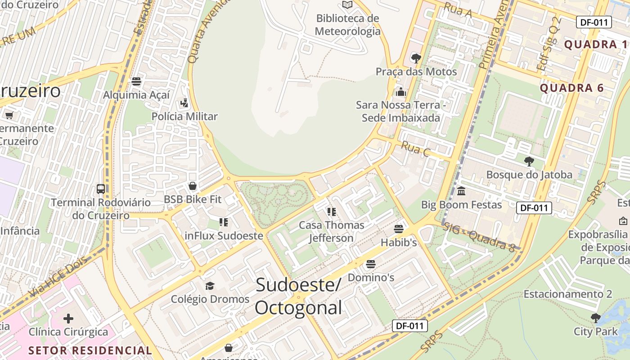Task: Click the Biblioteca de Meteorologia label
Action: pyautogui.click(x=347, y=25)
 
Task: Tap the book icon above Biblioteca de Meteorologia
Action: pyautogui.click(x=347, y=5)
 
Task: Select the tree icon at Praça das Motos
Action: pyautogui.click(x=416, y=58)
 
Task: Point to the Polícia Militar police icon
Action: pyautogui.click(x=184, y=103)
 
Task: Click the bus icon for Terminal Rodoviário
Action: pyautogui.click(x=101, y=189)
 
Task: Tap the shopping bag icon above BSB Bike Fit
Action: pyautogui.click(x=193, y=186)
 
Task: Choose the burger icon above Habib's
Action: pyautogui.click(x=399, y=229)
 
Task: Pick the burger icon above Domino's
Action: pyautogui.click(x=371, y=264)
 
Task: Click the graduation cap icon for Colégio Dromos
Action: pyautogui.click(x=210, y=286)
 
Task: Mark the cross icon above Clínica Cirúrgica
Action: pyautogui.click(x=68, y=319)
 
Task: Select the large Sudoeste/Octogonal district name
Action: pyautogui.click(x=299, y=296)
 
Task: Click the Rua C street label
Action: pyautogui.click(x=415, y=148)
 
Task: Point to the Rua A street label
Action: pyautogui.click(x=458, y=10)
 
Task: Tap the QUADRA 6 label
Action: pyautogui.click(x=571, y=88)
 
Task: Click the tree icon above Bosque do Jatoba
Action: pyautogui.click(x=529, y=161)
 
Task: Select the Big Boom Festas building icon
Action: pyautogui.click(x=461, y=191)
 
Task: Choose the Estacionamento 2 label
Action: pyautogui.click(x=567, y=294)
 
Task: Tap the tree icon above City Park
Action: pyautogui.click(x=596, y=318)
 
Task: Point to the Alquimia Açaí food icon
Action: pyautogui.click(x=136, y=81)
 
